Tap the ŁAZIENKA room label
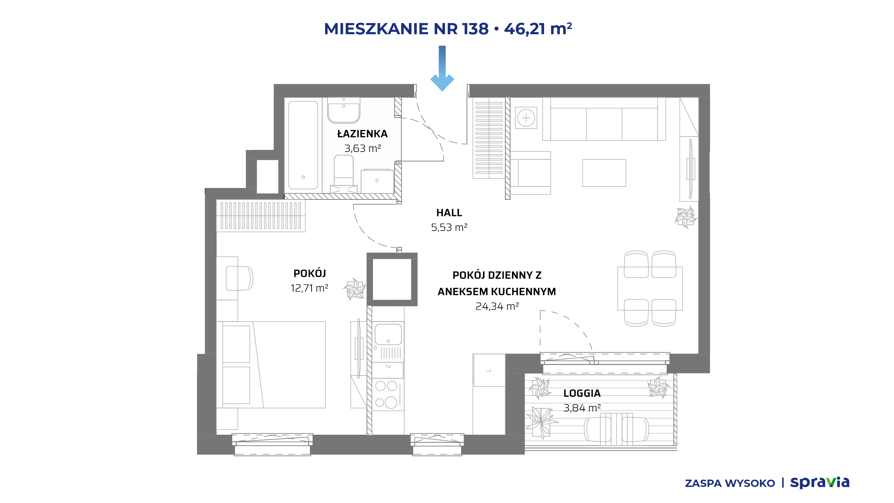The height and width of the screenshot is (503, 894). point(362,133)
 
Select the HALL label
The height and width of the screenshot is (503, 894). point(449,212)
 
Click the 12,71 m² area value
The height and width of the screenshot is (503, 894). point(309,288)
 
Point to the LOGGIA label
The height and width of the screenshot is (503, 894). point(582,393)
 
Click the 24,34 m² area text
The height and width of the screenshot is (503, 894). point(497,306)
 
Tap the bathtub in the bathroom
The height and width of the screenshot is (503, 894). point(303,145)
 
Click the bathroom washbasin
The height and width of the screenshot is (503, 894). point(344,110)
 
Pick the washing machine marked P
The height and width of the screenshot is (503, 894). point(377,181)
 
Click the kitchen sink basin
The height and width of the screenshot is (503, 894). point(388,334)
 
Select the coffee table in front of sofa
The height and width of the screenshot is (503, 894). point(604,173)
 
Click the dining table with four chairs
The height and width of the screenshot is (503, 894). point(650,289)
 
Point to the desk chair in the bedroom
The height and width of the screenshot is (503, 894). point(239,278)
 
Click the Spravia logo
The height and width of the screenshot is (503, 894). point(820,482)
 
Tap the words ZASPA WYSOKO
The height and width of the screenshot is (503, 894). point(730,483)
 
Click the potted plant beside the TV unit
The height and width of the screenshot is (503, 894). point(686,217)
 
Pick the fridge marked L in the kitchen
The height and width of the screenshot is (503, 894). point(489,370)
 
